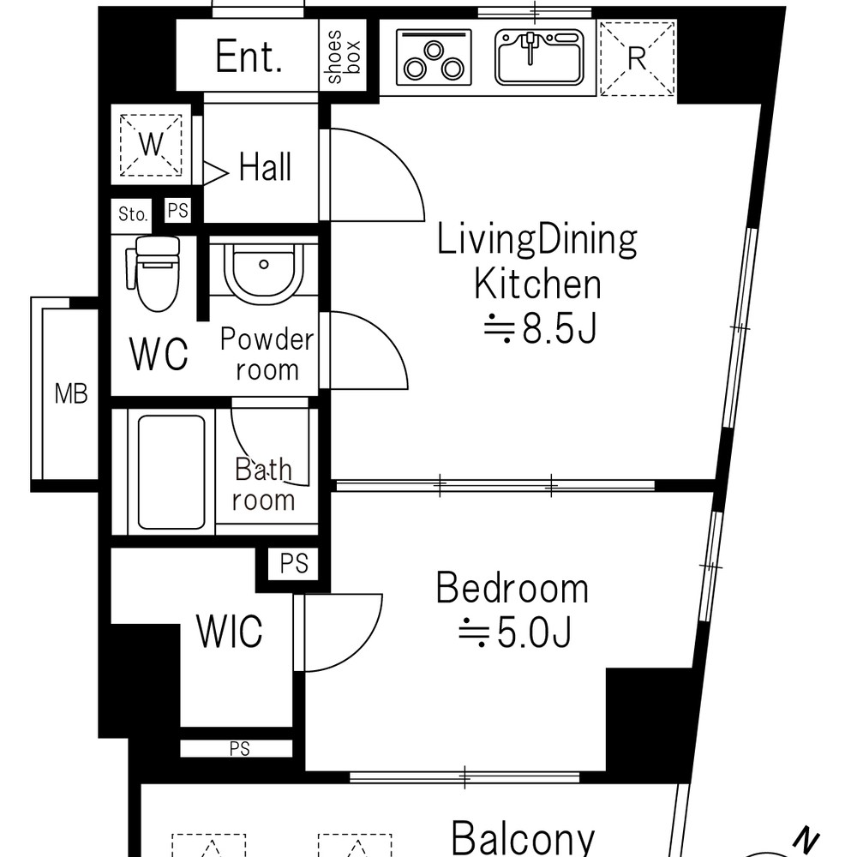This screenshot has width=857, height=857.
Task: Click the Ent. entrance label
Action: pos(249,57)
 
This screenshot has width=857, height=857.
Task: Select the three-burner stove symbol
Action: pos(434,57)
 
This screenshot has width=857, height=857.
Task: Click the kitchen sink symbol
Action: pos(539,57)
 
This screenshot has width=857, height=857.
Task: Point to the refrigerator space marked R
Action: pos(638,58)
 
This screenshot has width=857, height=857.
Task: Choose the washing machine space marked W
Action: pos(151,145)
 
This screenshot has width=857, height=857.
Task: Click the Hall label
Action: pos(265,167)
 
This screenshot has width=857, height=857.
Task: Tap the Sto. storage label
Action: pos(133,213)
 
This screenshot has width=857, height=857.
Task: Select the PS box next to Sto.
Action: pos(177,211)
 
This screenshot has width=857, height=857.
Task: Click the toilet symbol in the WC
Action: pos(153,273)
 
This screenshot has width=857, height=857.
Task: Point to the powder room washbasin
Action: pos(263,271)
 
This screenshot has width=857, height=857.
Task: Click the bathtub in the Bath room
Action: pos(171,472)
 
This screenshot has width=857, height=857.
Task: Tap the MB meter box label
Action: pos(71,393)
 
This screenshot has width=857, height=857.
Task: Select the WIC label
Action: pos(230,632)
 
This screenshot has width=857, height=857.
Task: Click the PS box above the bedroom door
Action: pos(294,564)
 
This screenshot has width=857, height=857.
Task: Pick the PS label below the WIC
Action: pos(240,749)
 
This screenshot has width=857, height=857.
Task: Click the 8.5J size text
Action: pos(540,329)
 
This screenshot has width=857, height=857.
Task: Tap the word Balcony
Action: pos(523,836)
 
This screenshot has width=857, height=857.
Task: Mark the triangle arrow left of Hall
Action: pos(215,173)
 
